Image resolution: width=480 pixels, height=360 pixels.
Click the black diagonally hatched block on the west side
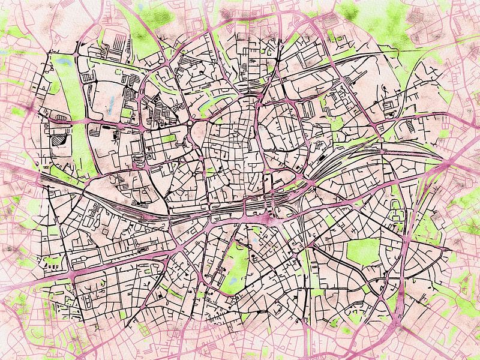click(x=59, y=140)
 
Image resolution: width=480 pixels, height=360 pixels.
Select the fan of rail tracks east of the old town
click(x=336, y=162)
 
